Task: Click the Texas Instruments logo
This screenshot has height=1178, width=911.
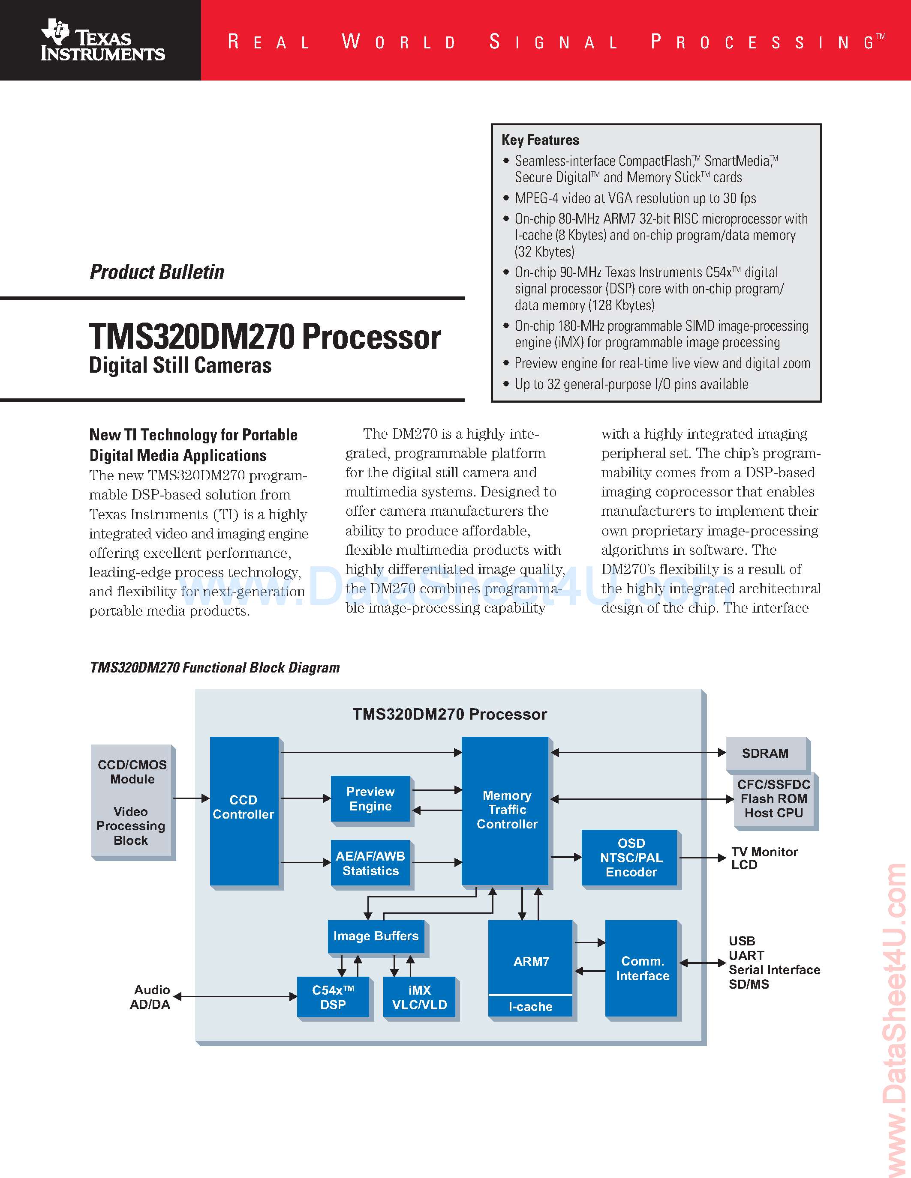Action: click(x=102, y=40)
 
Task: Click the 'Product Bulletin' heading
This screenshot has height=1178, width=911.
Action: click(x=156, y=272)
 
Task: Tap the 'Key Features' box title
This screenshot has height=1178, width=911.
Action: click(x=540, y=140)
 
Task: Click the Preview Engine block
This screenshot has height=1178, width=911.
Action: click(x=370, y=799)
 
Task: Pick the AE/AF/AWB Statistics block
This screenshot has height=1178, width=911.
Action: click(x=370, y=863)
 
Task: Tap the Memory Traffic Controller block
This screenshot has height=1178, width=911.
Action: click(x=506, y=810)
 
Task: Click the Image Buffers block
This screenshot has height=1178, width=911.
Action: click(x=376, y=936)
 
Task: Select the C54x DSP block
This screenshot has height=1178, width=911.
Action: click(x=333, y=997)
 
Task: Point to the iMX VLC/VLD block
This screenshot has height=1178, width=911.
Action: click(x=419, y=997)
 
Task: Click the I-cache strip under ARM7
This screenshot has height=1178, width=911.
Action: click(x=530, y=1007)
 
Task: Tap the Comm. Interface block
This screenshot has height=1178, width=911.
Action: click(x=642, y=968)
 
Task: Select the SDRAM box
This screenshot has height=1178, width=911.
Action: click(x=765, y=753)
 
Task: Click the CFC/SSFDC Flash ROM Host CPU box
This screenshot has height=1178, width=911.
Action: click(x=774, y=799)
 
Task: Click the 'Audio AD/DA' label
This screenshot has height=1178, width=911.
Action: click(x=150, y=997)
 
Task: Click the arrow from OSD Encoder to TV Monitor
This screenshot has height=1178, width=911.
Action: click(x=702, y=858)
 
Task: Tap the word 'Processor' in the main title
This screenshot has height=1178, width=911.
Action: click(x=371, y=338)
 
